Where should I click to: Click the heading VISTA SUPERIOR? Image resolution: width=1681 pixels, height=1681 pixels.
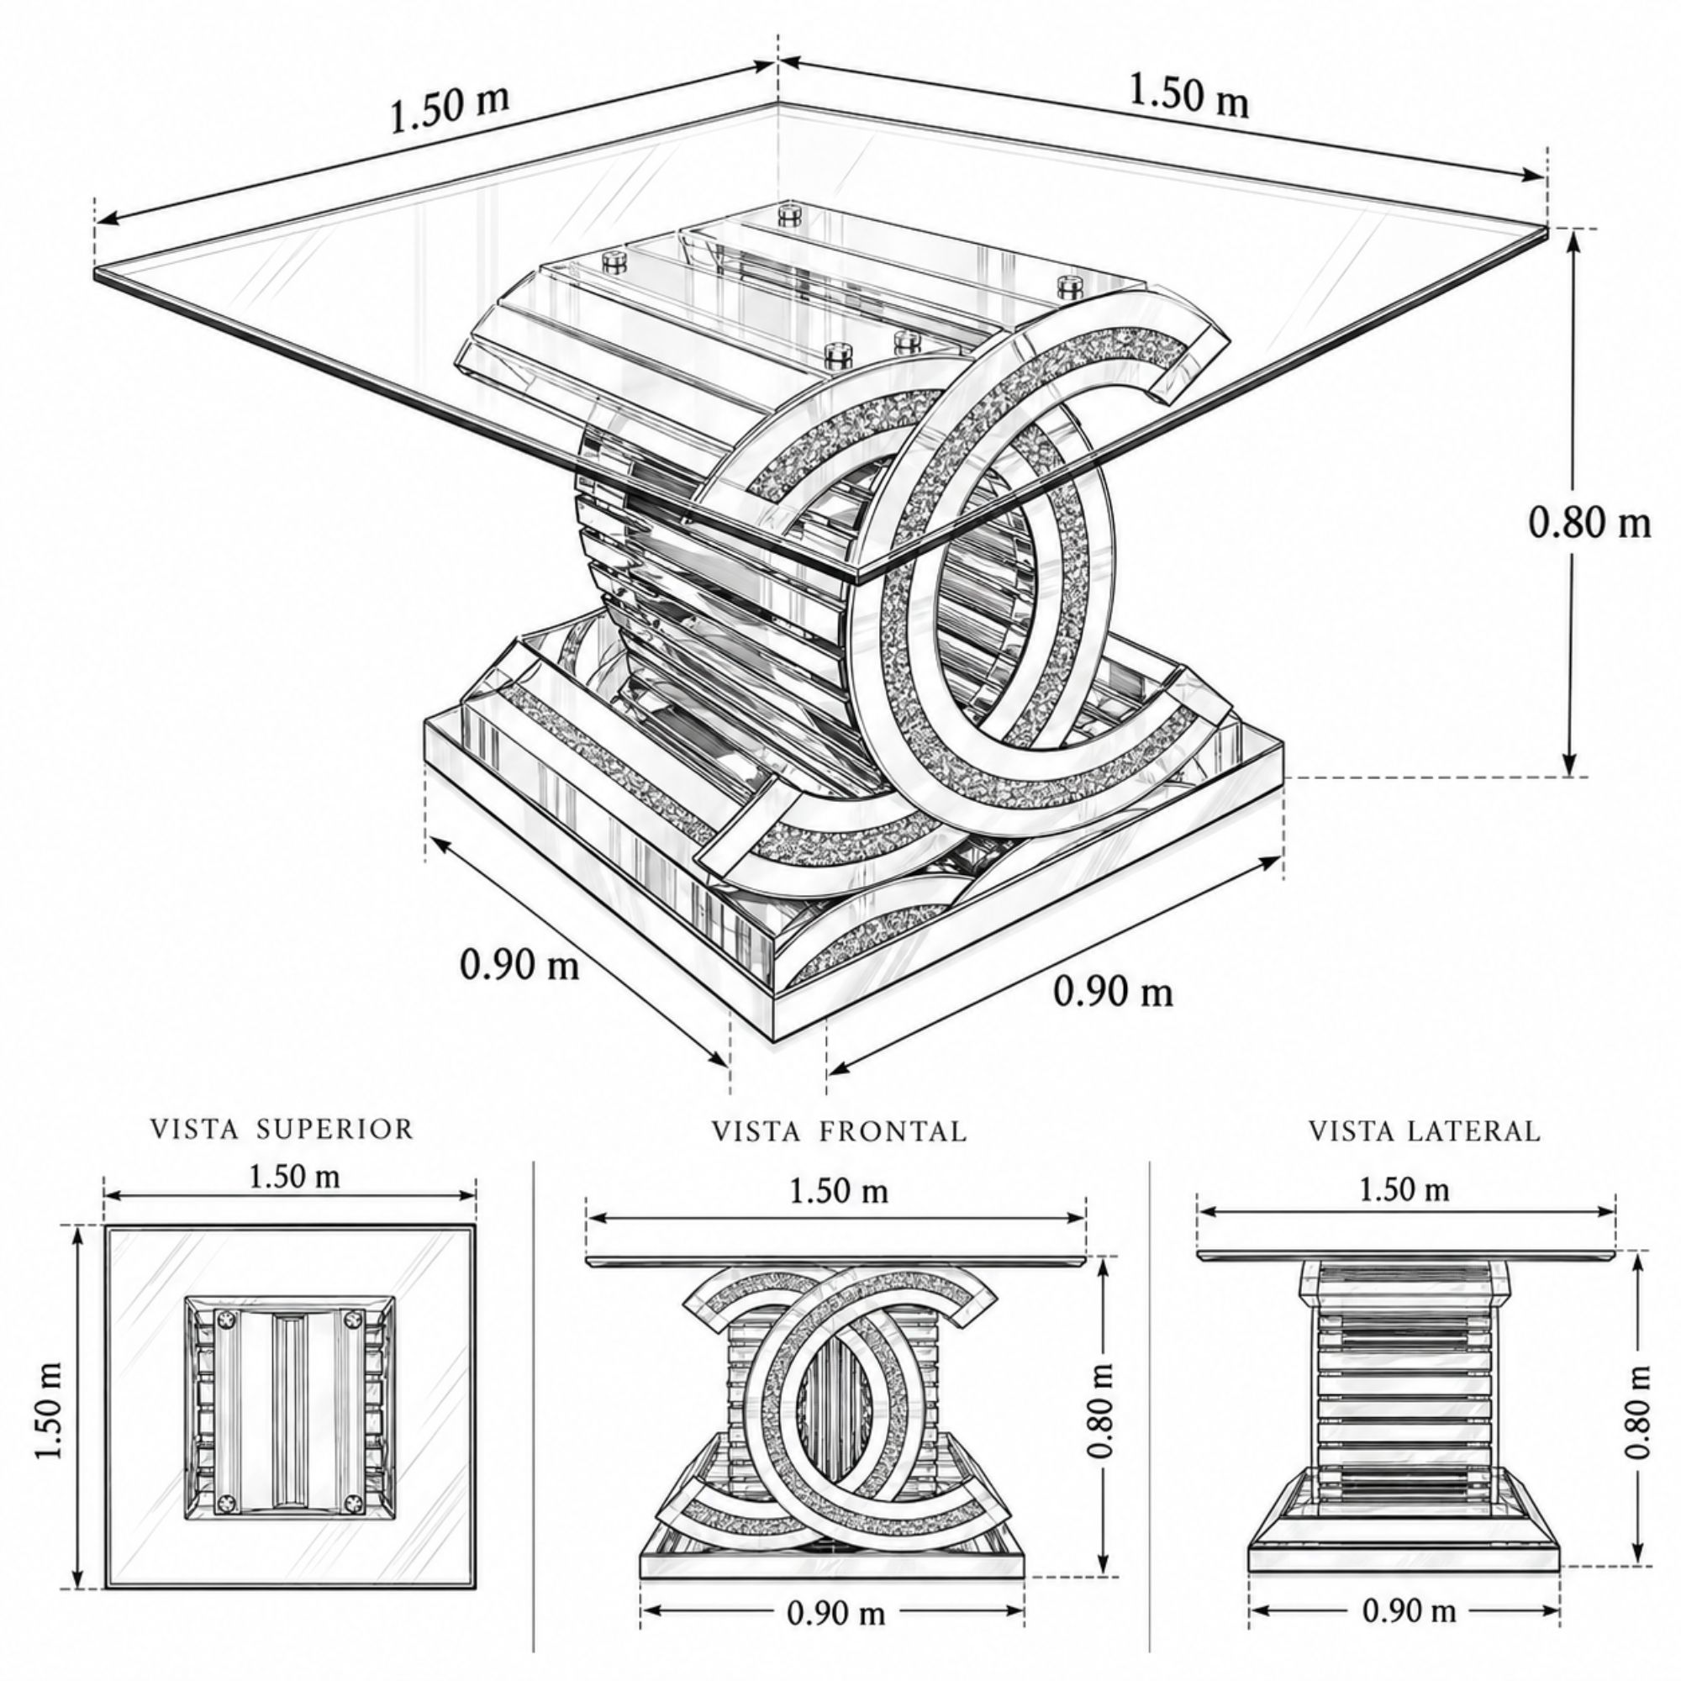coord(282,1130)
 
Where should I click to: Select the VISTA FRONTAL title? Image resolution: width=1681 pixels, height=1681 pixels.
coord(840,1131)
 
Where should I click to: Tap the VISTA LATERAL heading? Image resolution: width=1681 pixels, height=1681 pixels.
coord(1425,1131)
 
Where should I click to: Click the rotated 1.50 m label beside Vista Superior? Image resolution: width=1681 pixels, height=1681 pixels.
coord(50,1410)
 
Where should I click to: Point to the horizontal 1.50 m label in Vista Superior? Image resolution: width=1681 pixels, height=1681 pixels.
coord(294,1177)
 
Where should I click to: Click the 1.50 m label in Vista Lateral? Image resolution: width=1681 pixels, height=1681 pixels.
coord(1404,1188)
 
